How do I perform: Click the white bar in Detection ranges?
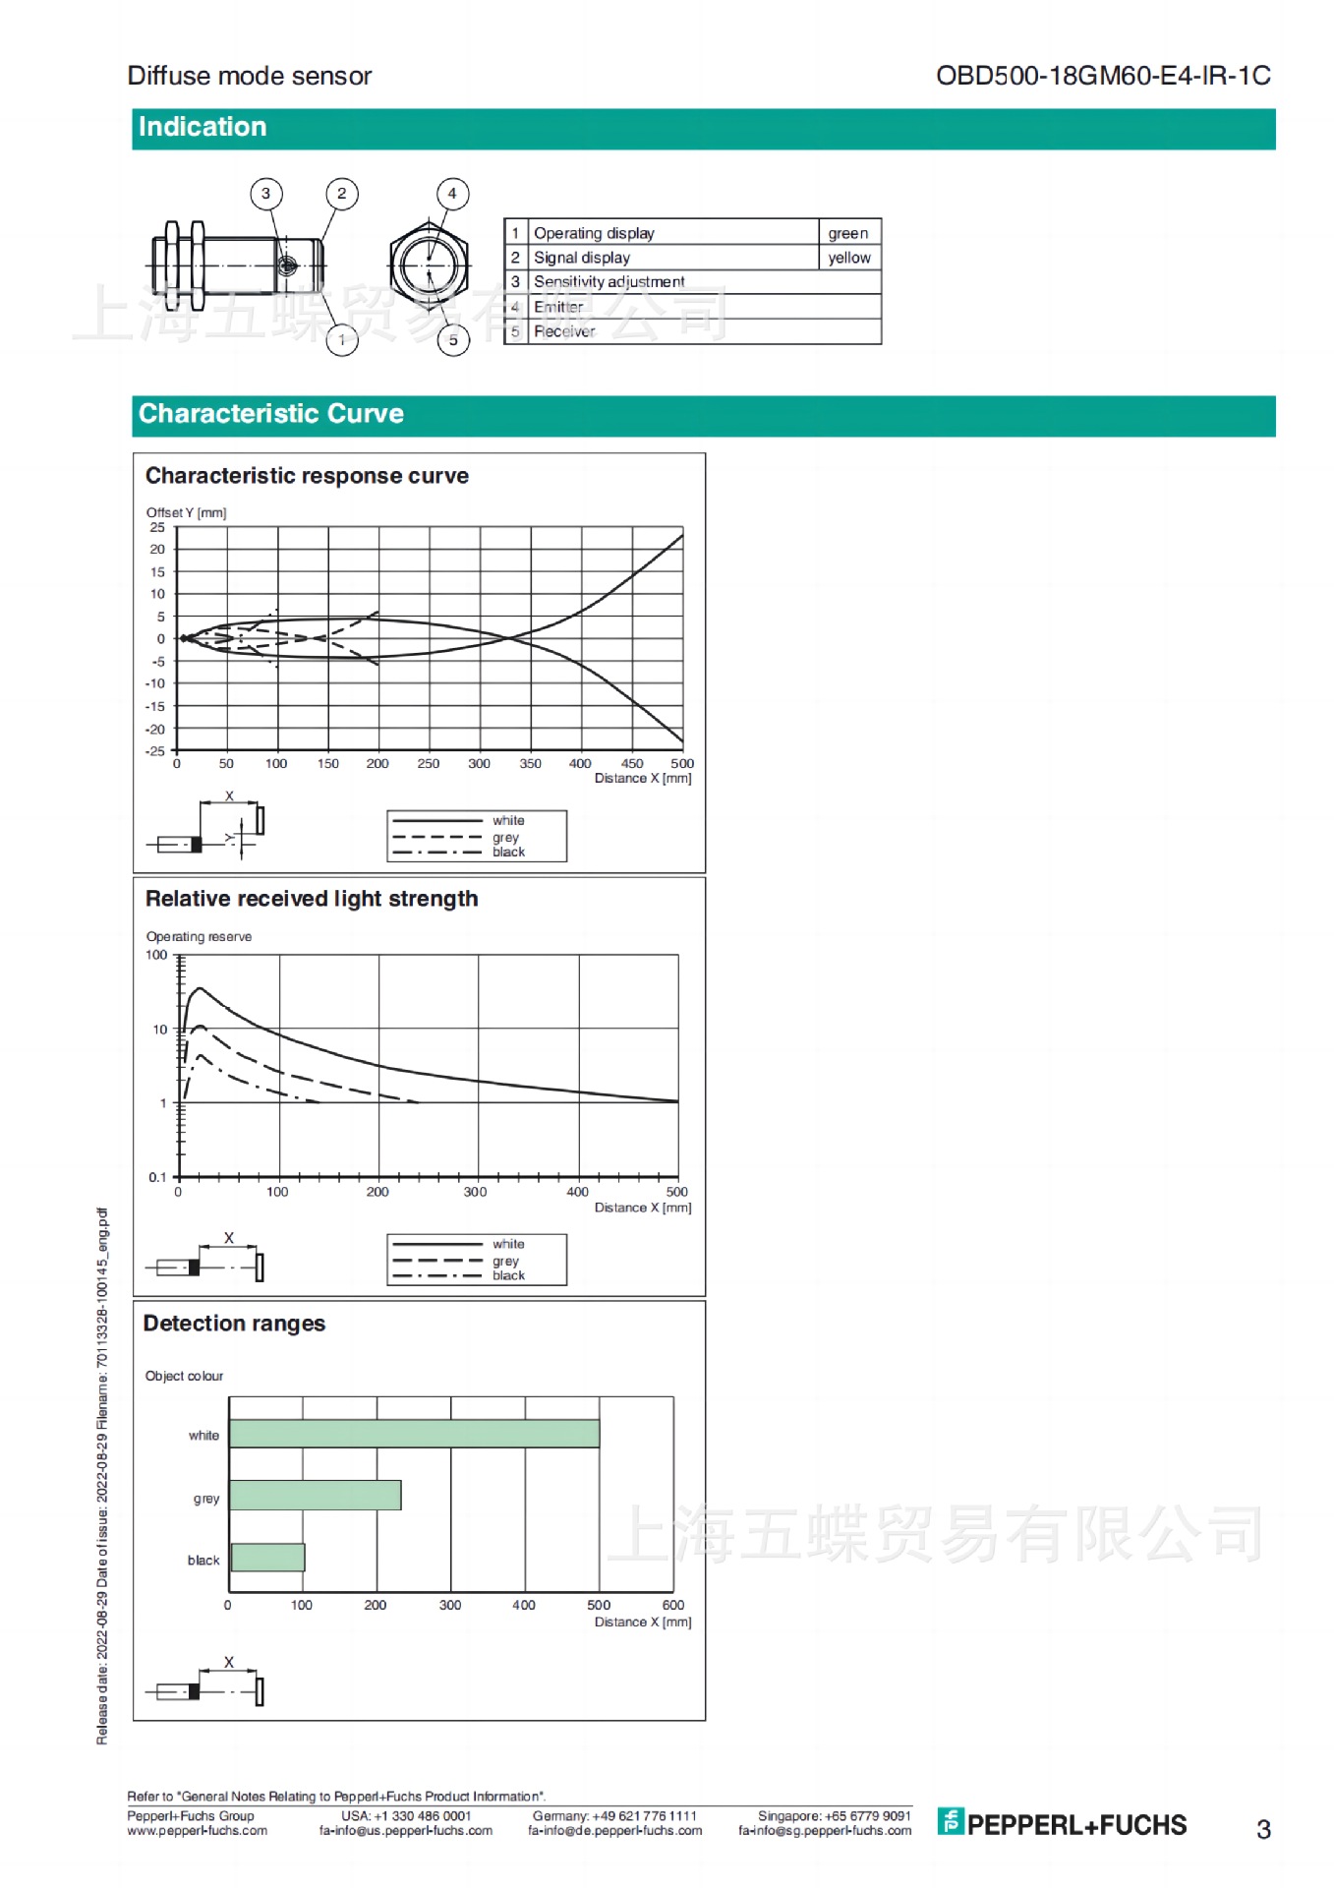(414, 1433)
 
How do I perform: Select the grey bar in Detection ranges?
(315, 1495)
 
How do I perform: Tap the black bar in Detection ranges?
(267, 1557)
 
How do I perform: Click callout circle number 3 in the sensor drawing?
(265, 194)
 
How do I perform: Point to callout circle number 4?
(452, 194)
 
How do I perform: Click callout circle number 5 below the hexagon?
(453, 340)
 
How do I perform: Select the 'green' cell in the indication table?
(848, 233)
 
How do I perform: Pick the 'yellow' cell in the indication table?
(849, 258)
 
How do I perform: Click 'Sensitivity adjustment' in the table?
(609, 282)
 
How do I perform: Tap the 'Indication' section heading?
(203, 128)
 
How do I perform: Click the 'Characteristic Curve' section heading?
(271, 414)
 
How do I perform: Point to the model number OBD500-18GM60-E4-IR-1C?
(1103, 76)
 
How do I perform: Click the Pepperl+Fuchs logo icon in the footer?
(950, 1821)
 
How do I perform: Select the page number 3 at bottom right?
(1263, 1829)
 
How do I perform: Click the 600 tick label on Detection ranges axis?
(673, 1605)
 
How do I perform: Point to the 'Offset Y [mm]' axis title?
(186, 512)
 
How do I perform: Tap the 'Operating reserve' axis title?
(199, 936)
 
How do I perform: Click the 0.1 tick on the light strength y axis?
(157, 1177)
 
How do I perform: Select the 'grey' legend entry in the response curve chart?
(505, 837)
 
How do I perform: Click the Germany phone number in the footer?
(614, 1815)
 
